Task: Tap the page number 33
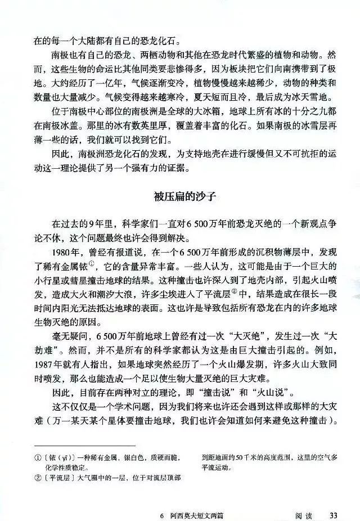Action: coord(333,515)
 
